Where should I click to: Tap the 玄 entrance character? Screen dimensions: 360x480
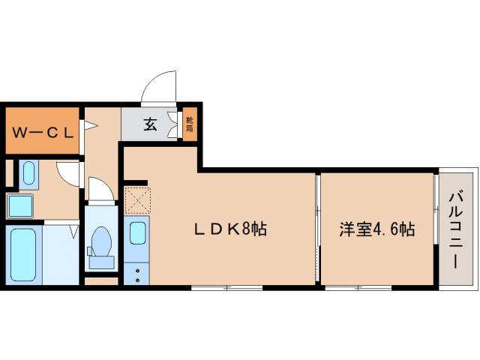coord(151,124)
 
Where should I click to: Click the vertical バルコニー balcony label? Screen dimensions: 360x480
coord(455,230)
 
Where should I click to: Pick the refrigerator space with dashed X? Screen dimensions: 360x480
coord(138,199)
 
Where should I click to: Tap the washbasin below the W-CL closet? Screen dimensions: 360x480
coord(28,175)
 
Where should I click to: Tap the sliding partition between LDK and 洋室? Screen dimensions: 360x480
coord(318,229)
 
